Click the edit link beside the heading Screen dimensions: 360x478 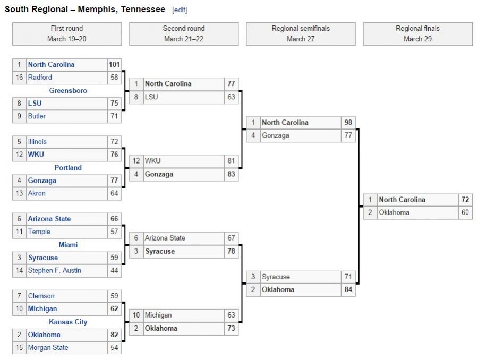[180, 10]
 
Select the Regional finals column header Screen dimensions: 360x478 [417, 33]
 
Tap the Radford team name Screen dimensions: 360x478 [40, 78]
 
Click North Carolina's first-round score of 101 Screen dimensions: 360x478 [114, 65]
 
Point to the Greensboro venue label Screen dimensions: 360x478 [68, 91]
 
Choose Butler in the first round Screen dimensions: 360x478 [37, 116]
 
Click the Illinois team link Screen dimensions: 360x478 [37, 142]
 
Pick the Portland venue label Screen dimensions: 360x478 [68, 168]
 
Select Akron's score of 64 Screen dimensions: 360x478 [114, 194]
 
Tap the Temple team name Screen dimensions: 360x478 [39, 232]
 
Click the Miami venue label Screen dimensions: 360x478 [68, 245]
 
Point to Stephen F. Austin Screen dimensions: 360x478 [54, 271]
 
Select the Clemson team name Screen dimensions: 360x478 [41, 296]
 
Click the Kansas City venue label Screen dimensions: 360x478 [68, 322]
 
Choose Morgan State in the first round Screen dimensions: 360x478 [48, 348]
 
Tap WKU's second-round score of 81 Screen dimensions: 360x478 [231, 161]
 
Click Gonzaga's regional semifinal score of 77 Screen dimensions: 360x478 [348, 136]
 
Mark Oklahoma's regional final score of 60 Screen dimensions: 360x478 [465, 213]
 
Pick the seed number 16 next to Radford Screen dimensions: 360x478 [19, 78]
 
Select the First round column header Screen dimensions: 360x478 [67, 33]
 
